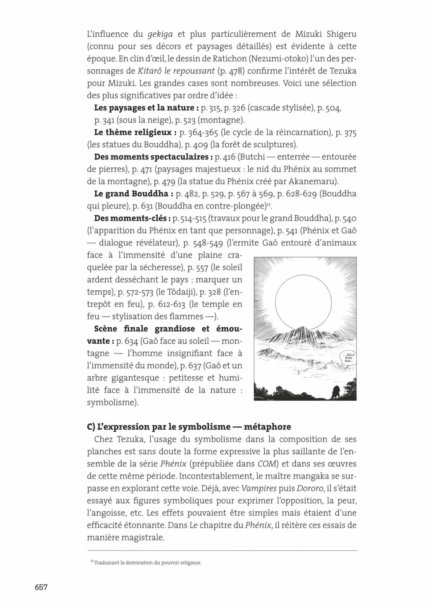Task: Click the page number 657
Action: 41,587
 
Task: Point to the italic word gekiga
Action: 160,34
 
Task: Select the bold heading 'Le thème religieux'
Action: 133,132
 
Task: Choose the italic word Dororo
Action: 310,488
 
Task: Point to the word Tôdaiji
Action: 180,292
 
